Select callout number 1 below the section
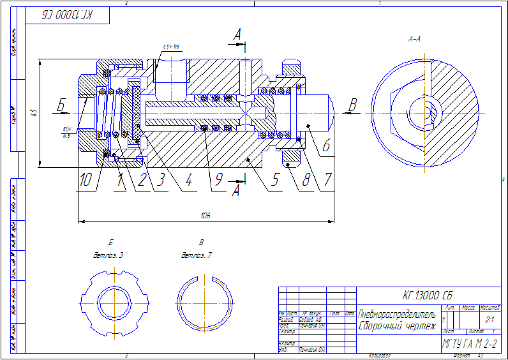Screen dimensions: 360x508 pyautogui.click(x=119, y=181)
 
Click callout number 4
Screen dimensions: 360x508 pyautogui.click(x=188, y=181)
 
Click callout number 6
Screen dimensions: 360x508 pyautogui.click(x=326, y=146)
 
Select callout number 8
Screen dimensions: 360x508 pyautogui.click(x=306, y=181)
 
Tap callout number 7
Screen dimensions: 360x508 pyautogui.click(x=327, y=181)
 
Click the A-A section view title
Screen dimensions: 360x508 pyautogui.click(x=414, y=39)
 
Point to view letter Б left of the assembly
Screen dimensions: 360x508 pyautogui.click(x=61, y=105)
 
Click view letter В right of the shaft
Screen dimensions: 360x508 pyautogui.click(x=352, y=103)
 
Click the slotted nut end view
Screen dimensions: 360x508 pyautogui.click(x=112, y=300)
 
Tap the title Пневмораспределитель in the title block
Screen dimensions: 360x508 pyautogui.click(x=397, y=315)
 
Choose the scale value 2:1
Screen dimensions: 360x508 pyautogui.click(x=489, y=319)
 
